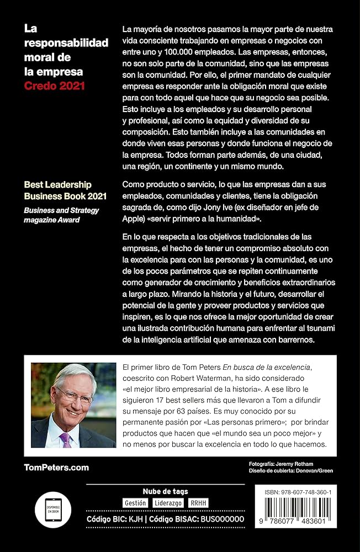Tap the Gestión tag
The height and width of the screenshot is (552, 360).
click(135, 503)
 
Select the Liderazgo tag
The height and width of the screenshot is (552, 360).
click(168, 503)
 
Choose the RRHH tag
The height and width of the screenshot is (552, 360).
click(199, 503)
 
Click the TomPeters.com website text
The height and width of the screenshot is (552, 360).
click(56, 468)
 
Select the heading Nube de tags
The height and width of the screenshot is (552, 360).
click(165, 491)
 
